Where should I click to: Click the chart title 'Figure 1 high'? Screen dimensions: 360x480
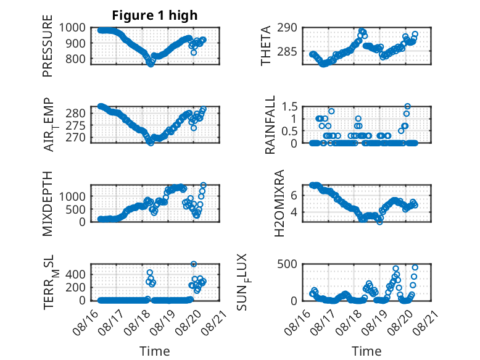(x=155, y=15)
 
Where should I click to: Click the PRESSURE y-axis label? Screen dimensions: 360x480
(x=48, y=50)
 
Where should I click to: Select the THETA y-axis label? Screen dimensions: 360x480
(x=266, y=46)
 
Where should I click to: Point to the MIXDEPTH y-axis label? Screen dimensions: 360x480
(x=48, y=203)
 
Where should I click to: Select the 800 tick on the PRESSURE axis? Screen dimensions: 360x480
(x=77, y=59)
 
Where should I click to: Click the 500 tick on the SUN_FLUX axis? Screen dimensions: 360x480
(x=292, y=264)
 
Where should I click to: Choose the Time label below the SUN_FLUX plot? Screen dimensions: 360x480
(x=366, y=351)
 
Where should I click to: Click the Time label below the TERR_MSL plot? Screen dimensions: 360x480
(x=155, y=351)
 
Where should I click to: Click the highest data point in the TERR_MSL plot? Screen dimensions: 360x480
(x=194, y=264)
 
